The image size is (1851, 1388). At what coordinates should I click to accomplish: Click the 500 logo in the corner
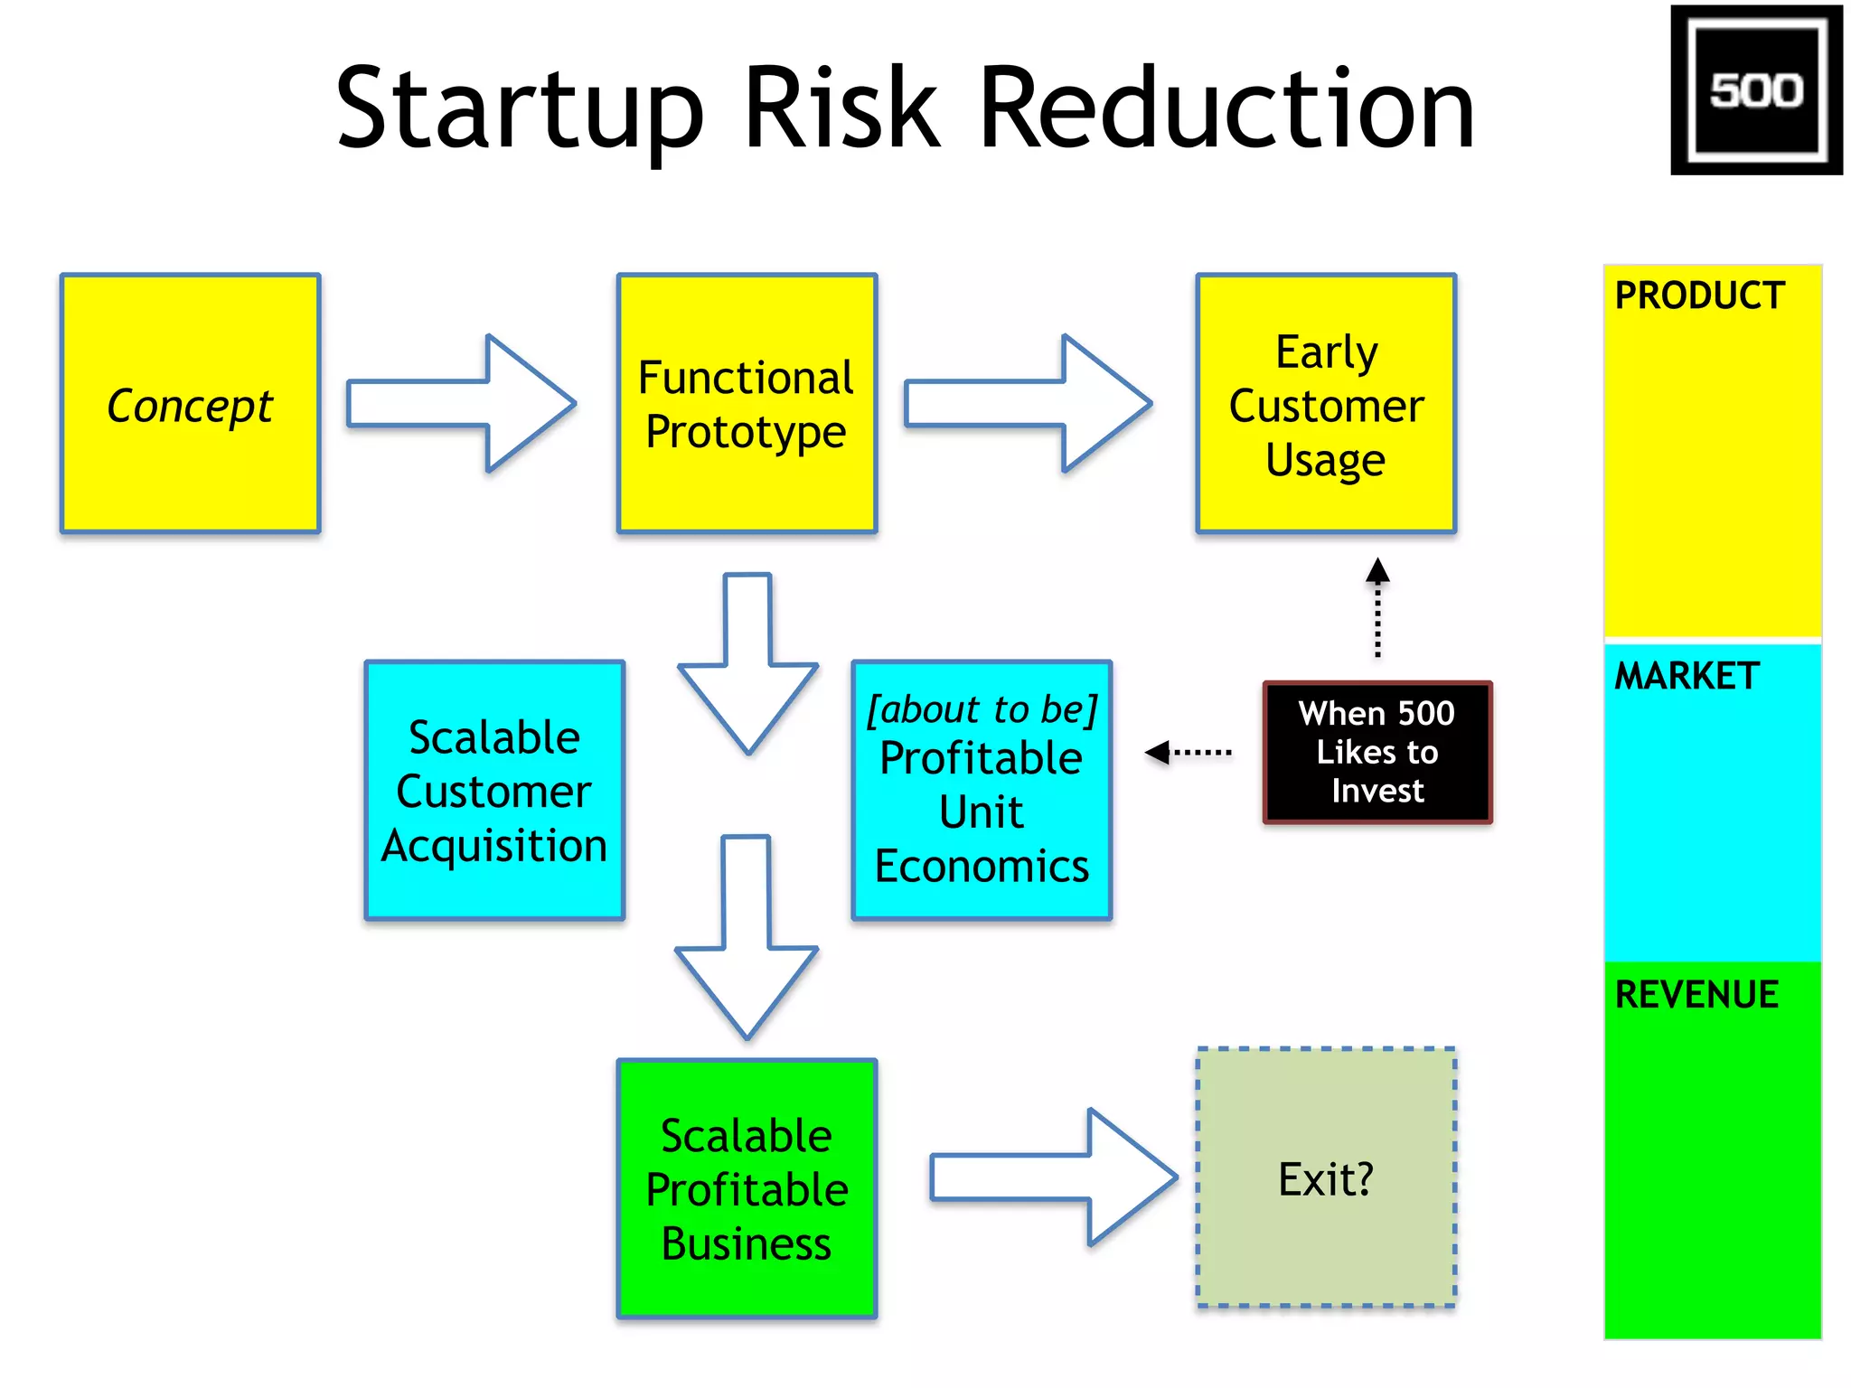(x=1755, y=89)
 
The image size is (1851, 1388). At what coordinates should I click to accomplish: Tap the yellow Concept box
(x=190, y=403)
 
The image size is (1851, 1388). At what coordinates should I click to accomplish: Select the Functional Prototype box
(x=747, y=403)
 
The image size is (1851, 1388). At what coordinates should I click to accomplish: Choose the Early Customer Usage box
(x=1326, y=403)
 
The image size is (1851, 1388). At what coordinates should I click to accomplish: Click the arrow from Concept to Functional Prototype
(x=461, y=403)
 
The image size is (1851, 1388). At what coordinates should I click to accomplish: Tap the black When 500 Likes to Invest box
(x=1377, y=752)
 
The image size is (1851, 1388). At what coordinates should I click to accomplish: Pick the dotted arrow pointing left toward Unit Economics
(x=1188, y=752)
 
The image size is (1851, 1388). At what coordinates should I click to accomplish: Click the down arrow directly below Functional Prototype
(x=748, y=664)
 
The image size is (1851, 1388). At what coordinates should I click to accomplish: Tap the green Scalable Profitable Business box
(x=747, y=1188)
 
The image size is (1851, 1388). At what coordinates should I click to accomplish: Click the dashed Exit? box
(x=1326, y=1178)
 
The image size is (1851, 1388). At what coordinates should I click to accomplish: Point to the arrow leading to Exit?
(x=1053, y=1177)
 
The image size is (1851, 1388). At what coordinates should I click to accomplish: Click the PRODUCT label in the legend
(x=1699, y=295)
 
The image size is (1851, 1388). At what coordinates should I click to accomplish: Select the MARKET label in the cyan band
(x=1687, y=676)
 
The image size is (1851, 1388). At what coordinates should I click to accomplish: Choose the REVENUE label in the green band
(x=1696, y=994)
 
